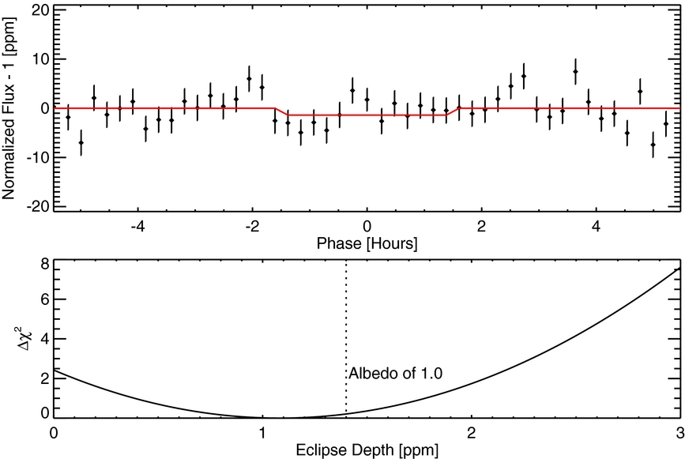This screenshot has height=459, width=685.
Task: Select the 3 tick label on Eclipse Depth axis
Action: (x=679, y=433)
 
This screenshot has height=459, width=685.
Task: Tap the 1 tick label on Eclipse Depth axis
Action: (x=262, y=433)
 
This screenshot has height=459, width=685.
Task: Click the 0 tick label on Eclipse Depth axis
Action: (x=54, y=433)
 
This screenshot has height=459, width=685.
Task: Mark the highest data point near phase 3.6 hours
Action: (x=575, y=72)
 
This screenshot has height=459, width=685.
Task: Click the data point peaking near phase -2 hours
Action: (x=249, y=78)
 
